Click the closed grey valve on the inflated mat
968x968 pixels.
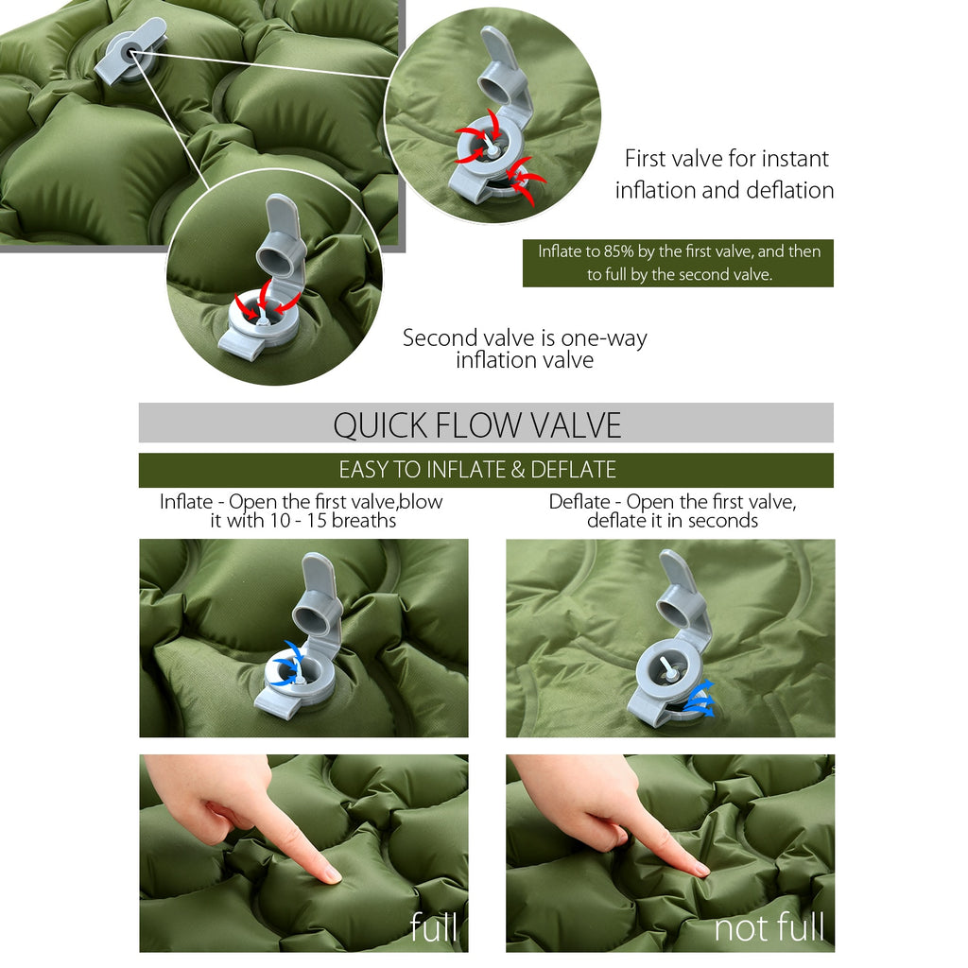coord(130,52)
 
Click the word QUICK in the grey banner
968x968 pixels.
coord(380,425)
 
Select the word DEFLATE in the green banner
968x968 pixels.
coord(573,470)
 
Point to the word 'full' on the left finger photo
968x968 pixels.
coord(434,926)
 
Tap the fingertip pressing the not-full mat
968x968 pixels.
coord(700,870)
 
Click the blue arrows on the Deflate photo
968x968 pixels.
coord(700,699)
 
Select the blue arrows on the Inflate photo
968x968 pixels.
coord(288,664)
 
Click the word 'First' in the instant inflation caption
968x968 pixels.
coord(645,159)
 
